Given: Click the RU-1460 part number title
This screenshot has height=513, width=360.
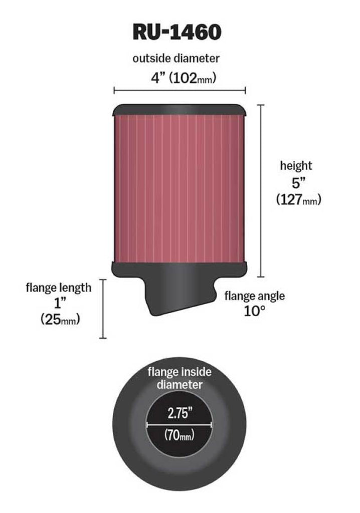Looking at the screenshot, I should pyautogui.click(x=176, y=32).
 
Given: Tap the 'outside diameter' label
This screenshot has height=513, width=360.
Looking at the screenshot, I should pyautogui.click(x=176, y=59).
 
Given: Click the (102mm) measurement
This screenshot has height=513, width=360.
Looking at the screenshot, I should pyautogui.click(x=192, y=78).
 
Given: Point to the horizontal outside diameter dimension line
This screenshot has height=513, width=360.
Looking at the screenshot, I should pyautogui.click(x=179, y=91).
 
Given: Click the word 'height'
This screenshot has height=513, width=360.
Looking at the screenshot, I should pyautogui.click(x=296, y=165).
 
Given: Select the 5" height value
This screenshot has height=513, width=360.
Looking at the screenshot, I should pyautogui.click(x=297, y=183).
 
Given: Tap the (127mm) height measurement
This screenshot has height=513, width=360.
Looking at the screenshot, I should pyautogui.click(x=298, y=199).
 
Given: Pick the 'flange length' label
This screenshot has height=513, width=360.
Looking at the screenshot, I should pyautogui.click(x=59, y=287).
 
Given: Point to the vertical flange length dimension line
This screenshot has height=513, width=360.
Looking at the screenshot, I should pyautogui.click(x=103, y=309).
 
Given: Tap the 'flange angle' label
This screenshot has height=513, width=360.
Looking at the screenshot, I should pyautogui.click(x=254, y=296).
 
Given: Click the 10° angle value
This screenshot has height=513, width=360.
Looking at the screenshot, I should pyautogui.click(x=254, y=311).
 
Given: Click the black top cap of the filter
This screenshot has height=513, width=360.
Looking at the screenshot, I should pyautogui.click(x=179, y=109).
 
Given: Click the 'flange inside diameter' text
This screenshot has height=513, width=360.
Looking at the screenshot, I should pyautogui.click(x=178, y=378).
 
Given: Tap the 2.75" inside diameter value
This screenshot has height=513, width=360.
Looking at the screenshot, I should pyautogui.click(x=178, y=413).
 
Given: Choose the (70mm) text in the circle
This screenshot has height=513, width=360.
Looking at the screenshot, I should pyautogui.click(x=179, y=435).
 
